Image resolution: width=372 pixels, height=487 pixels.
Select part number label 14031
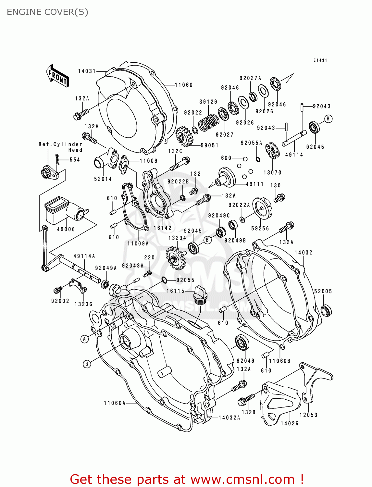pyautogui.click(x=87, y=71)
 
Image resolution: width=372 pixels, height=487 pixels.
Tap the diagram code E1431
pyautogui.click(x=320, y=60)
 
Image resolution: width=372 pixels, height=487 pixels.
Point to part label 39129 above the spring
pyautogui.click(x=208, y=102)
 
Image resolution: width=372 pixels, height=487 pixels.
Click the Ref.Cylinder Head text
pyautogui.click(x=61, y=147)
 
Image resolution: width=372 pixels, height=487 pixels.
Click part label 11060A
pyautogui.click(x=114, y=403)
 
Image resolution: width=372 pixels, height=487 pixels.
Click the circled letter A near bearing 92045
pyautogui.click(x=328, y=119)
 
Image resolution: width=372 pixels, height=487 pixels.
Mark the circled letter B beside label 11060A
pyautogui.click(x=86, y=364)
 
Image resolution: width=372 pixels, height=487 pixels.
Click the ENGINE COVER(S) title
pyautogui.click(x=47, y=12)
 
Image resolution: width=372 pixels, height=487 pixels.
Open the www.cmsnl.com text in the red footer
pyautogui.click(x=242, y=480)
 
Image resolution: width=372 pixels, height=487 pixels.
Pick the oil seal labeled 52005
pyautogui.click(x=326, y=310)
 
